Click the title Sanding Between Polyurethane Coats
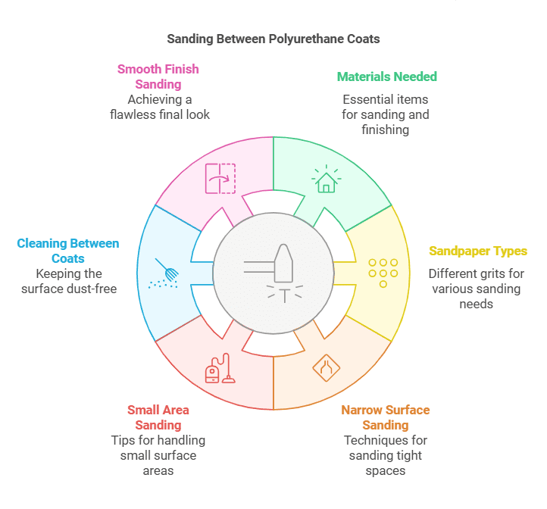tap(273, 39)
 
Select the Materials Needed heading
tap(386, 77)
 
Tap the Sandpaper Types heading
tap(478, 251)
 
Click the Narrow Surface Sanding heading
tap(385, 417)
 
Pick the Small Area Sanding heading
tap(158, 417)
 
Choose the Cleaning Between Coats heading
tap(68, 251)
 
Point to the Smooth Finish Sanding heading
tap(158, 77)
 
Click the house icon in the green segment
tap(326, 179)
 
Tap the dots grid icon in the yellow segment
tap(383, 273)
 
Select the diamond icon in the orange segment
tap(326, 367)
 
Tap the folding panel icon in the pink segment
tap(220, 179)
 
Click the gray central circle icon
tap(273, 273)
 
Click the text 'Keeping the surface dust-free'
tap(68, 281)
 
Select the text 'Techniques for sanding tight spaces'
tap(385, 455)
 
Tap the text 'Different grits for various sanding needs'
tap(477, 289)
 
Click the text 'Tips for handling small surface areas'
tap(158, 455)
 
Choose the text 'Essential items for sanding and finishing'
tap(386, 114)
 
